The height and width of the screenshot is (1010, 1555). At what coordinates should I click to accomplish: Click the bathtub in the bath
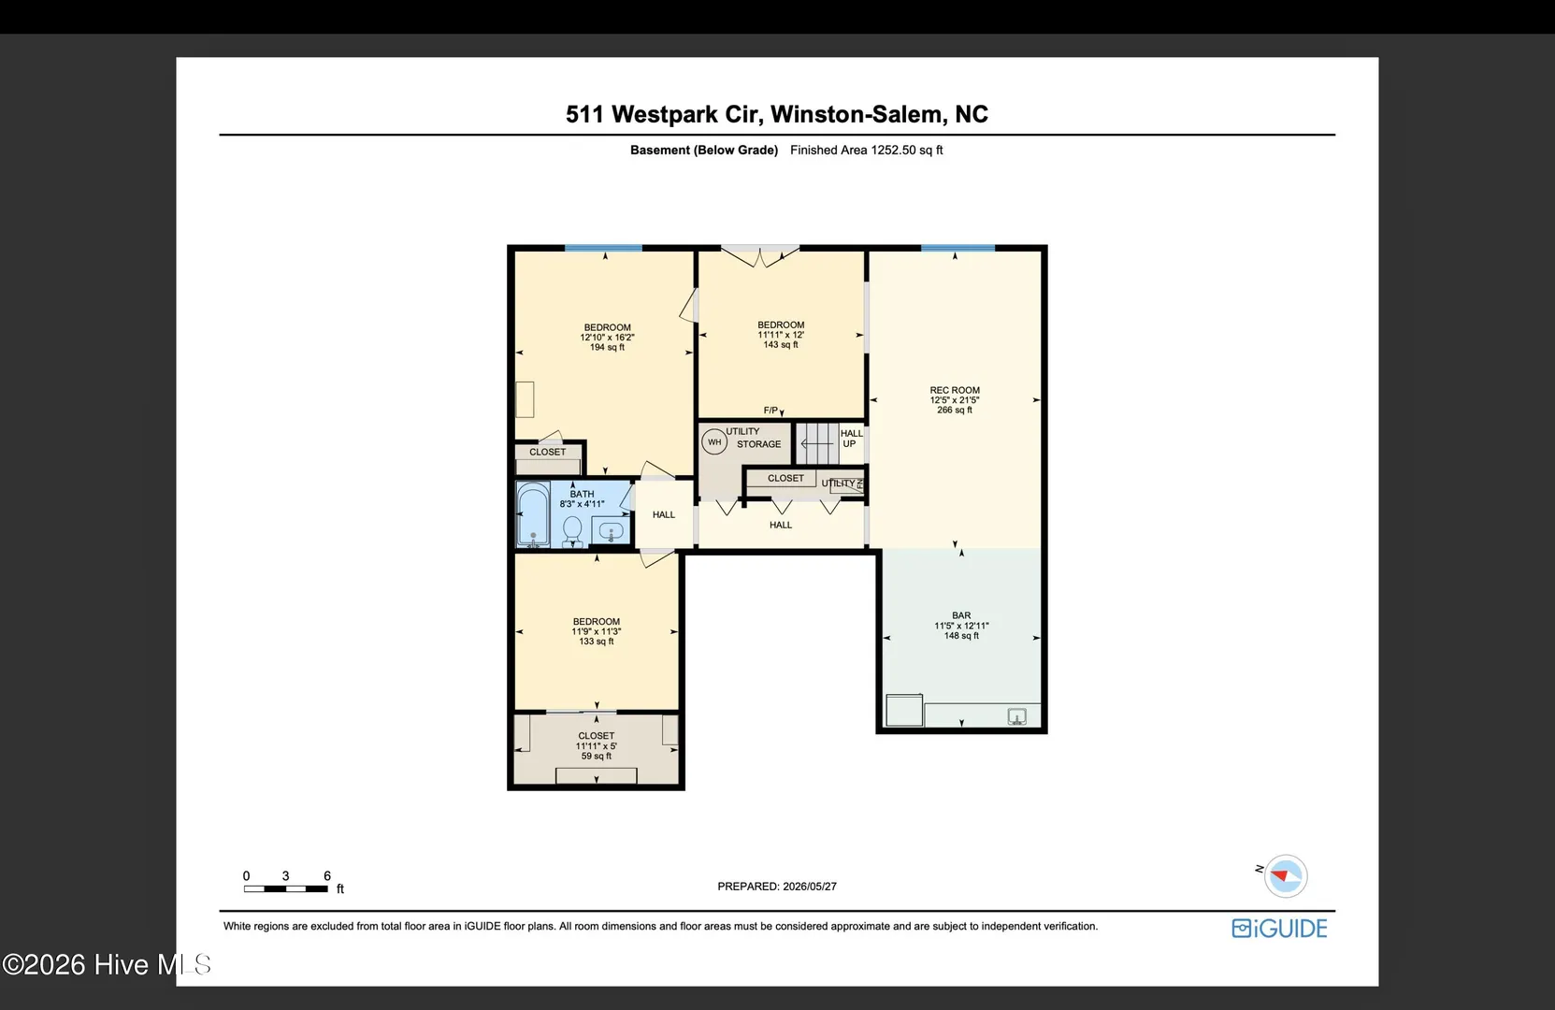(x=533, y=514)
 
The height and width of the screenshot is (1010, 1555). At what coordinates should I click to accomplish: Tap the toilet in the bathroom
(x=572, y=531)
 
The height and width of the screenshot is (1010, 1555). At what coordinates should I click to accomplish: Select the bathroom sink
(x=611, y=531)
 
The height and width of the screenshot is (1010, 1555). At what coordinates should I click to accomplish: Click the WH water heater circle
(x=714, y=442)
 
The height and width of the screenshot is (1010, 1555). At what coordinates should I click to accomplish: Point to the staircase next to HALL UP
(x=817, y=443)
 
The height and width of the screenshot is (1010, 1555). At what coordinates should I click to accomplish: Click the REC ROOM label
(x=955, y=390)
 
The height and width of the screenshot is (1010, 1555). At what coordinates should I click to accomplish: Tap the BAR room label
(x=961, y=615)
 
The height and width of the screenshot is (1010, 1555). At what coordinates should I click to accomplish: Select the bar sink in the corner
(x=1017, y=716)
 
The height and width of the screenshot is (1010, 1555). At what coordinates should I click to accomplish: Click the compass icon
(x=1285, y=876)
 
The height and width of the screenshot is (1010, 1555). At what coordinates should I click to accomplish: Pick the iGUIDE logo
(x=1279, y=929)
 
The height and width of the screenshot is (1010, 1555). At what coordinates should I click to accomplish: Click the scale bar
(x=286, y=888)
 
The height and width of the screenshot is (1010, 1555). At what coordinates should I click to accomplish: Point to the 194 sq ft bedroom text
(x=608, y=347)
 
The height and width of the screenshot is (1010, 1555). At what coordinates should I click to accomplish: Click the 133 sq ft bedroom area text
(x=597, y=642)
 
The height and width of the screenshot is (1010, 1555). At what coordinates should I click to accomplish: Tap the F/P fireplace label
(x=770, y=411)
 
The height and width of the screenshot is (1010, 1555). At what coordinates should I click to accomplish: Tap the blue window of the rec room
(x=958, y=248)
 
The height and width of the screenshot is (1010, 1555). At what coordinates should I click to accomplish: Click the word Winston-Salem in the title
(x=857, y=114)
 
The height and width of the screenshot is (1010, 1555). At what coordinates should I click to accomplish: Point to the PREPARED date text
(x=777, y=887)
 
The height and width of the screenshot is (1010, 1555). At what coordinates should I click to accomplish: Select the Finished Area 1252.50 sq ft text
(x=867, y=150)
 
